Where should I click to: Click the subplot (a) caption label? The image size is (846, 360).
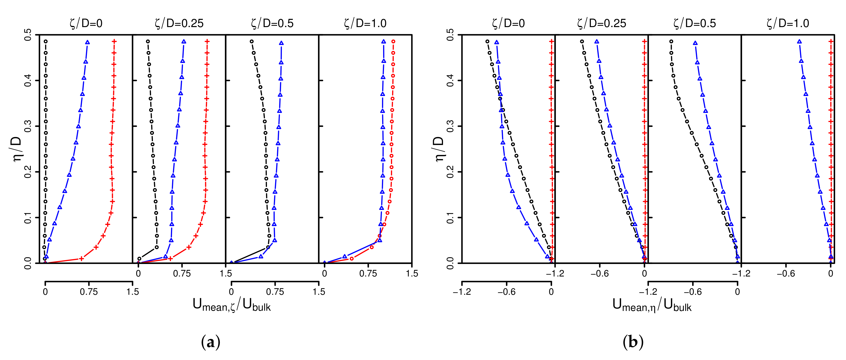pyautogui.click(x=211, y=342)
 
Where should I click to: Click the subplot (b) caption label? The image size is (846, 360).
pyautogui.click(x=633, y=342)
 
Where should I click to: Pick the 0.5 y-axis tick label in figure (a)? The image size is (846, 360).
pyautogui.click(x=28, y=34)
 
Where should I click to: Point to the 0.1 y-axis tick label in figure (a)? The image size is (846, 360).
pyautogui.click(x=28, y=217)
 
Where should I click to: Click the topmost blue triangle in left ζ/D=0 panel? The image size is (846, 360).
pyautogui.click(x=87, y=42)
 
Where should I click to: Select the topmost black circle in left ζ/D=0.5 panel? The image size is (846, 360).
pyautogui.click(x=251, y=41)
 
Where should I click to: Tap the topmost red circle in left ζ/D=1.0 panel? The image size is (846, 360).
pyautogui.click(x=393, y=41)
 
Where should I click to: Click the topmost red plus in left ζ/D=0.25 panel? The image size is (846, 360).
pyautogui.click(x=207, y=41)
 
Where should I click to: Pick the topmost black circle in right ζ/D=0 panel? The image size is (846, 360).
pyautogui.click(x=487, y=41)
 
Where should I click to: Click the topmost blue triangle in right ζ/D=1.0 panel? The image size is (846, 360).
pyautogui.click(x=799, y=41)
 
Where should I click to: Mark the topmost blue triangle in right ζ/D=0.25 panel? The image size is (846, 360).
pyautogui.click(x=597, y=41)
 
